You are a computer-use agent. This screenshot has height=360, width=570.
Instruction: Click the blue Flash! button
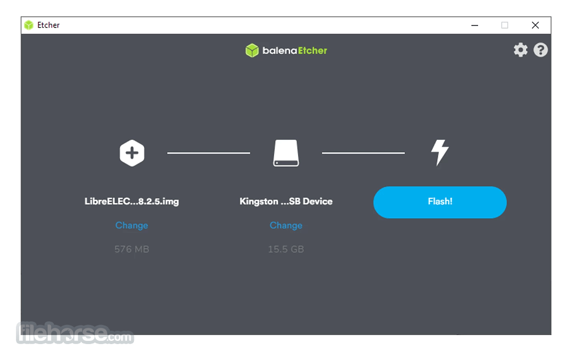(440, 202)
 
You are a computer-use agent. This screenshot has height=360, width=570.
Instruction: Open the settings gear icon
(521, 50)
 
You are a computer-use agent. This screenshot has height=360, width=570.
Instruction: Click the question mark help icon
(541, 50)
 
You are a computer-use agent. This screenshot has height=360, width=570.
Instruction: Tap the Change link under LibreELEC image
(132, 225)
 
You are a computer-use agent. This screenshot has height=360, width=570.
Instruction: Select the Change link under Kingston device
(286, 225)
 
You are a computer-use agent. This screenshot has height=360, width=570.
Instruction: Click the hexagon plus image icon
(132, 153)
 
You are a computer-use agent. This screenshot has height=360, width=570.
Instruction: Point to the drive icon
(286, 153)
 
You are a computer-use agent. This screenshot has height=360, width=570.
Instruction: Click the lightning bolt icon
(440, 152)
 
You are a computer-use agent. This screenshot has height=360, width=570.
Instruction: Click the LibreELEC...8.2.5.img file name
(132, 201)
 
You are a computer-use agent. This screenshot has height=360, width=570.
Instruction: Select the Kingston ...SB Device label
(286, 201)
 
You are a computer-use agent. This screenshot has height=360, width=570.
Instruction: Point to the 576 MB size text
(132, 249)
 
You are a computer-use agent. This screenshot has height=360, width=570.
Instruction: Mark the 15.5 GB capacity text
(286, 249)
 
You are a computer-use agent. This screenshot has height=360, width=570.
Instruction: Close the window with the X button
(535, 25)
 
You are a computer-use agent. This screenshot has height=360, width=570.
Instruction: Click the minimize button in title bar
(474, 25)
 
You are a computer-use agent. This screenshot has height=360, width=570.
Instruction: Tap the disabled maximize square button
(505, 25)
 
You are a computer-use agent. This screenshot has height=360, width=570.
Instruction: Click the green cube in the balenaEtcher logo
(252, 50)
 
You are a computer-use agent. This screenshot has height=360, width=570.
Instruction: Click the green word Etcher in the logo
(313, 50)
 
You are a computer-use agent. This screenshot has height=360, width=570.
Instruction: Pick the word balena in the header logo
(279, 50)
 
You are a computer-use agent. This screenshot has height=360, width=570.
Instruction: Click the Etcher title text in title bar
(48, 25)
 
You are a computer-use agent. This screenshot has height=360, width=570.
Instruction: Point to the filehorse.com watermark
(75, 333)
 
